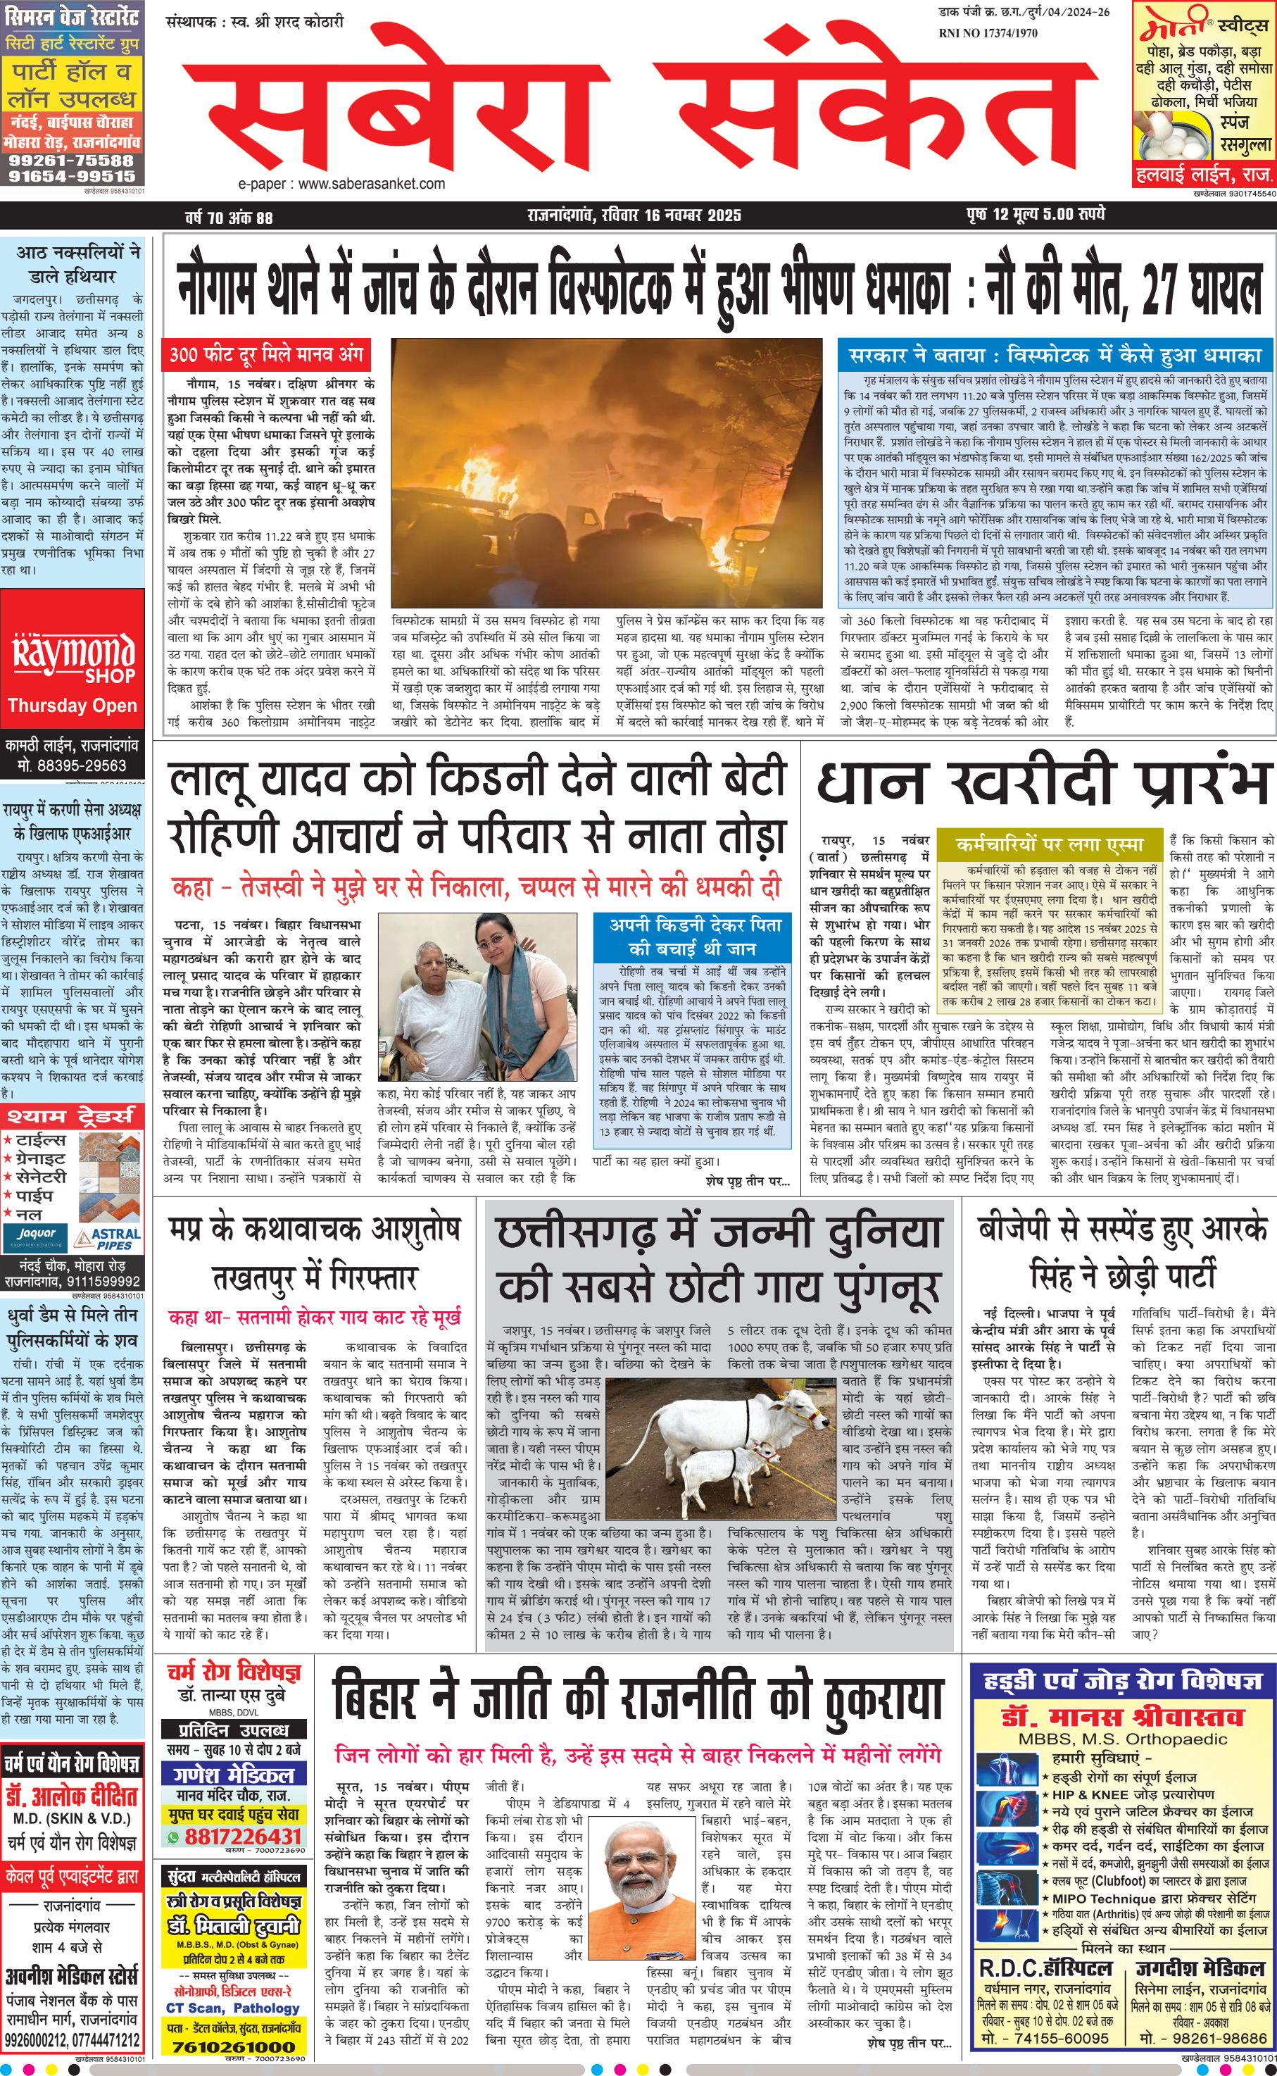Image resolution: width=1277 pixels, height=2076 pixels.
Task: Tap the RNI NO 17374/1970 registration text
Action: point(988,33)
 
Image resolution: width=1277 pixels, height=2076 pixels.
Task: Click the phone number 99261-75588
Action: point(71,160)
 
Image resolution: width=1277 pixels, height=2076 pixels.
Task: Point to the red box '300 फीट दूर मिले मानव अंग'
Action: point(266,355)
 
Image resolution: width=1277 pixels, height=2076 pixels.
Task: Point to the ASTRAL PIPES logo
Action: point(107,1239)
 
